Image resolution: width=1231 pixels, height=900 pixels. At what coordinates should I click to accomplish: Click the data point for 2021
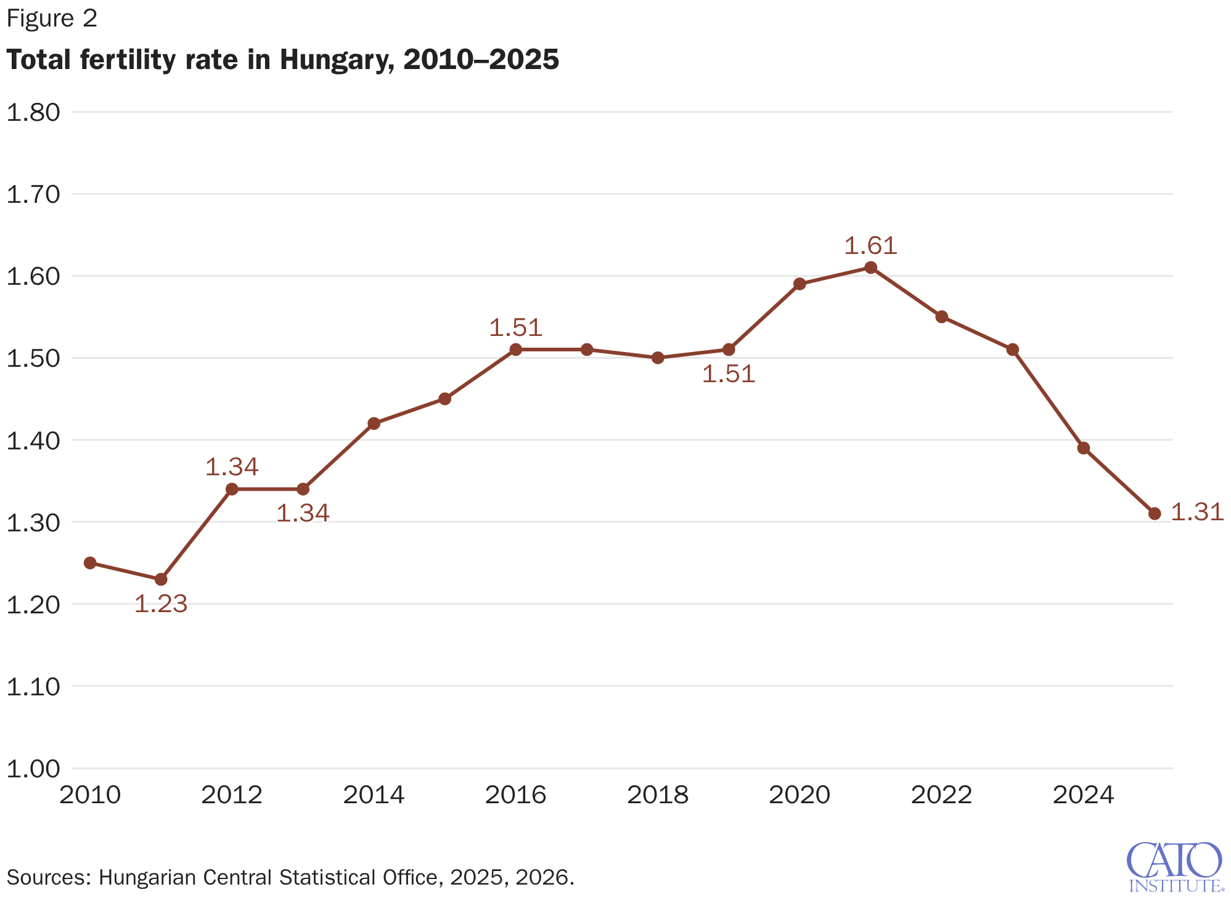(870, 268)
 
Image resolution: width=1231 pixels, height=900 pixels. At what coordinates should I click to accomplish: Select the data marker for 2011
(161, 579)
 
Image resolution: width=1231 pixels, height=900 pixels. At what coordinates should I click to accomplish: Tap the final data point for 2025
(1155, 513)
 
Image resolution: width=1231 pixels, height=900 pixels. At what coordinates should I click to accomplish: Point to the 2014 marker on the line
(374, 423)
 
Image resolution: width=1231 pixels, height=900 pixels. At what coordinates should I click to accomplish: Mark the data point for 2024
(1084, 448)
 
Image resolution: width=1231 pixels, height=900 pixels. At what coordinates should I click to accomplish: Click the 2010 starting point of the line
(90, 563)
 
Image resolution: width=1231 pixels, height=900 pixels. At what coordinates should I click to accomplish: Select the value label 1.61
(870, 246)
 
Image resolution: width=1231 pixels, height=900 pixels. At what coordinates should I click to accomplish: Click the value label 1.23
(160, 604)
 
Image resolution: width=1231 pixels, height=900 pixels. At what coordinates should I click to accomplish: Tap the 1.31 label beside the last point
(1196, 512)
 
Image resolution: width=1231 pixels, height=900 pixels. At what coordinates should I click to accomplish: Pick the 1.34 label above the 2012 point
(231, 467)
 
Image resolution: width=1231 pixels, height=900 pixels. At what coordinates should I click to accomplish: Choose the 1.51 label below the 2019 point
(729, 374)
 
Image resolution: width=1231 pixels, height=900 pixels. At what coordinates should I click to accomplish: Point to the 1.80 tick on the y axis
(33, 112)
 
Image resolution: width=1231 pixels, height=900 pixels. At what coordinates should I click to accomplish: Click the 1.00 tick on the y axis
(33, 769)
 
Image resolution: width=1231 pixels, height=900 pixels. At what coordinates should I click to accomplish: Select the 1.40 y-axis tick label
(33, 441)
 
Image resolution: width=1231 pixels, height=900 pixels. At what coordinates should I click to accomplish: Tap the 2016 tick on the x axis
(515, 795)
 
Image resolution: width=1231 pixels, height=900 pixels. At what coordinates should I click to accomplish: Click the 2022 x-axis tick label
(941, 795)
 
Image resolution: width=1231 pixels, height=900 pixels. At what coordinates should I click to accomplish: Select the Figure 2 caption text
(52, 18)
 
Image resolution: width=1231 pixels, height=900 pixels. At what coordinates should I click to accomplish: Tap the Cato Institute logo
(1174, 867)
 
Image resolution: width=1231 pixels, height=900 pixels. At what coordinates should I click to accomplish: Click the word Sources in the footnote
(48, 877)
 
